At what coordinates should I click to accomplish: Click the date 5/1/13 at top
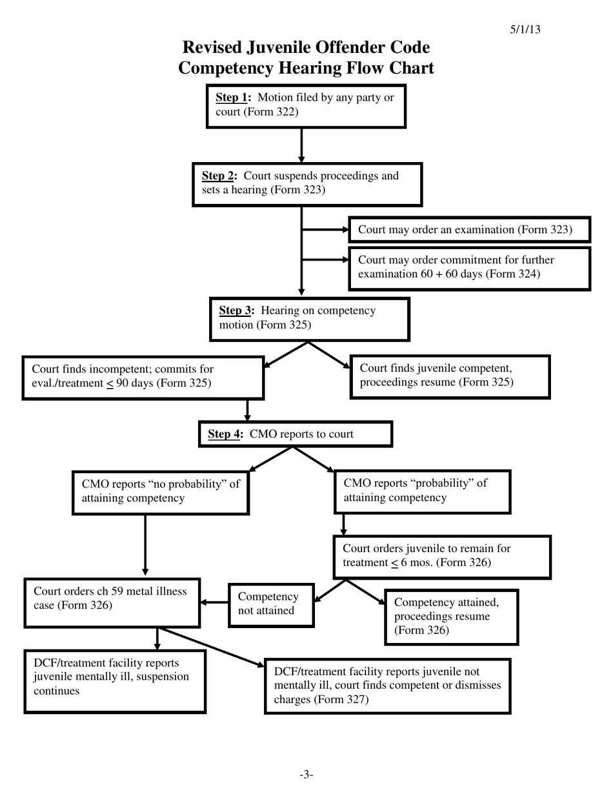tap(525, 30)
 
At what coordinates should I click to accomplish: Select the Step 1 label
tap(232, 97)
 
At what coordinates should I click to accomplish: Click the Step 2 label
tap(219, 176)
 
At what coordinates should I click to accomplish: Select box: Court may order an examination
tap(469, 230)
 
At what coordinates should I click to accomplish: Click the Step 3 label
tap(236, 310)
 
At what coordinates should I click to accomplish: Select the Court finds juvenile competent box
tap(450, 376)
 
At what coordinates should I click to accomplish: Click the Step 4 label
tap(225, 434)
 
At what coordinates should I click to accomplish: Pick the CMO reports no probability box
tap(161, 492)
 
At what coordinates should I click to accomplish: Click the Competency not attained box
tap(271, 605)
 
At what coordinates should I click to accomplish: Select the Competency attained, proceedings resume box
tap(451, 616)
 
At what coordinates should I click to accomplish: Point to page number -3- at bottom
tap(306, 774)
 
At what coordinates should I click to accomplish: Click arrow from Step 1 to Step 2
tap(301, 145)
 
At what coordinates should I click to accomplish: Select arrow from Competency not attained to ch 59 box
tap(214, 602)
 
